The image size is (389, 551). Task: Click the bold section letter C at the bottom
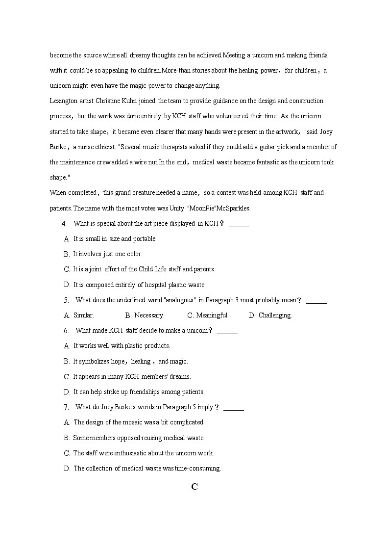(x=194, y=487)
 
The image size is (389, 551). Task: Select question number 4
(x=64, y=224)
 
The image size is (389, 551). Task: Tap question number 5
(x=66, y=300)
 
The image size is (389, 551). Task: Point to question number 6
(x=66, y=331)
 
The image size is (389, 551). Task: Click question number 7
(x=66, y=407)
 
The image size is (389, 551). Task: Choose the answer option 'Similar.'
(x=83, y=315)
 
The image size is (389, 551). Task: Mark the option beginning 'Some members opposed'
(x=139, y=438)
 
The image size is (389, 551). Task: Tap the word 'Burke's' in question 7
(x=134, y=407)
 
